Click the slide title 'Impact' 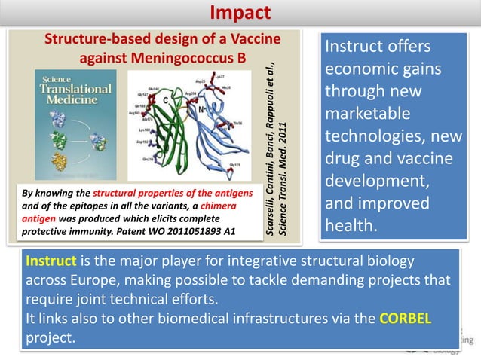(x=240, y=13)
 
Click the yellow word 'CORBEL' (x=406, y=319)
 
